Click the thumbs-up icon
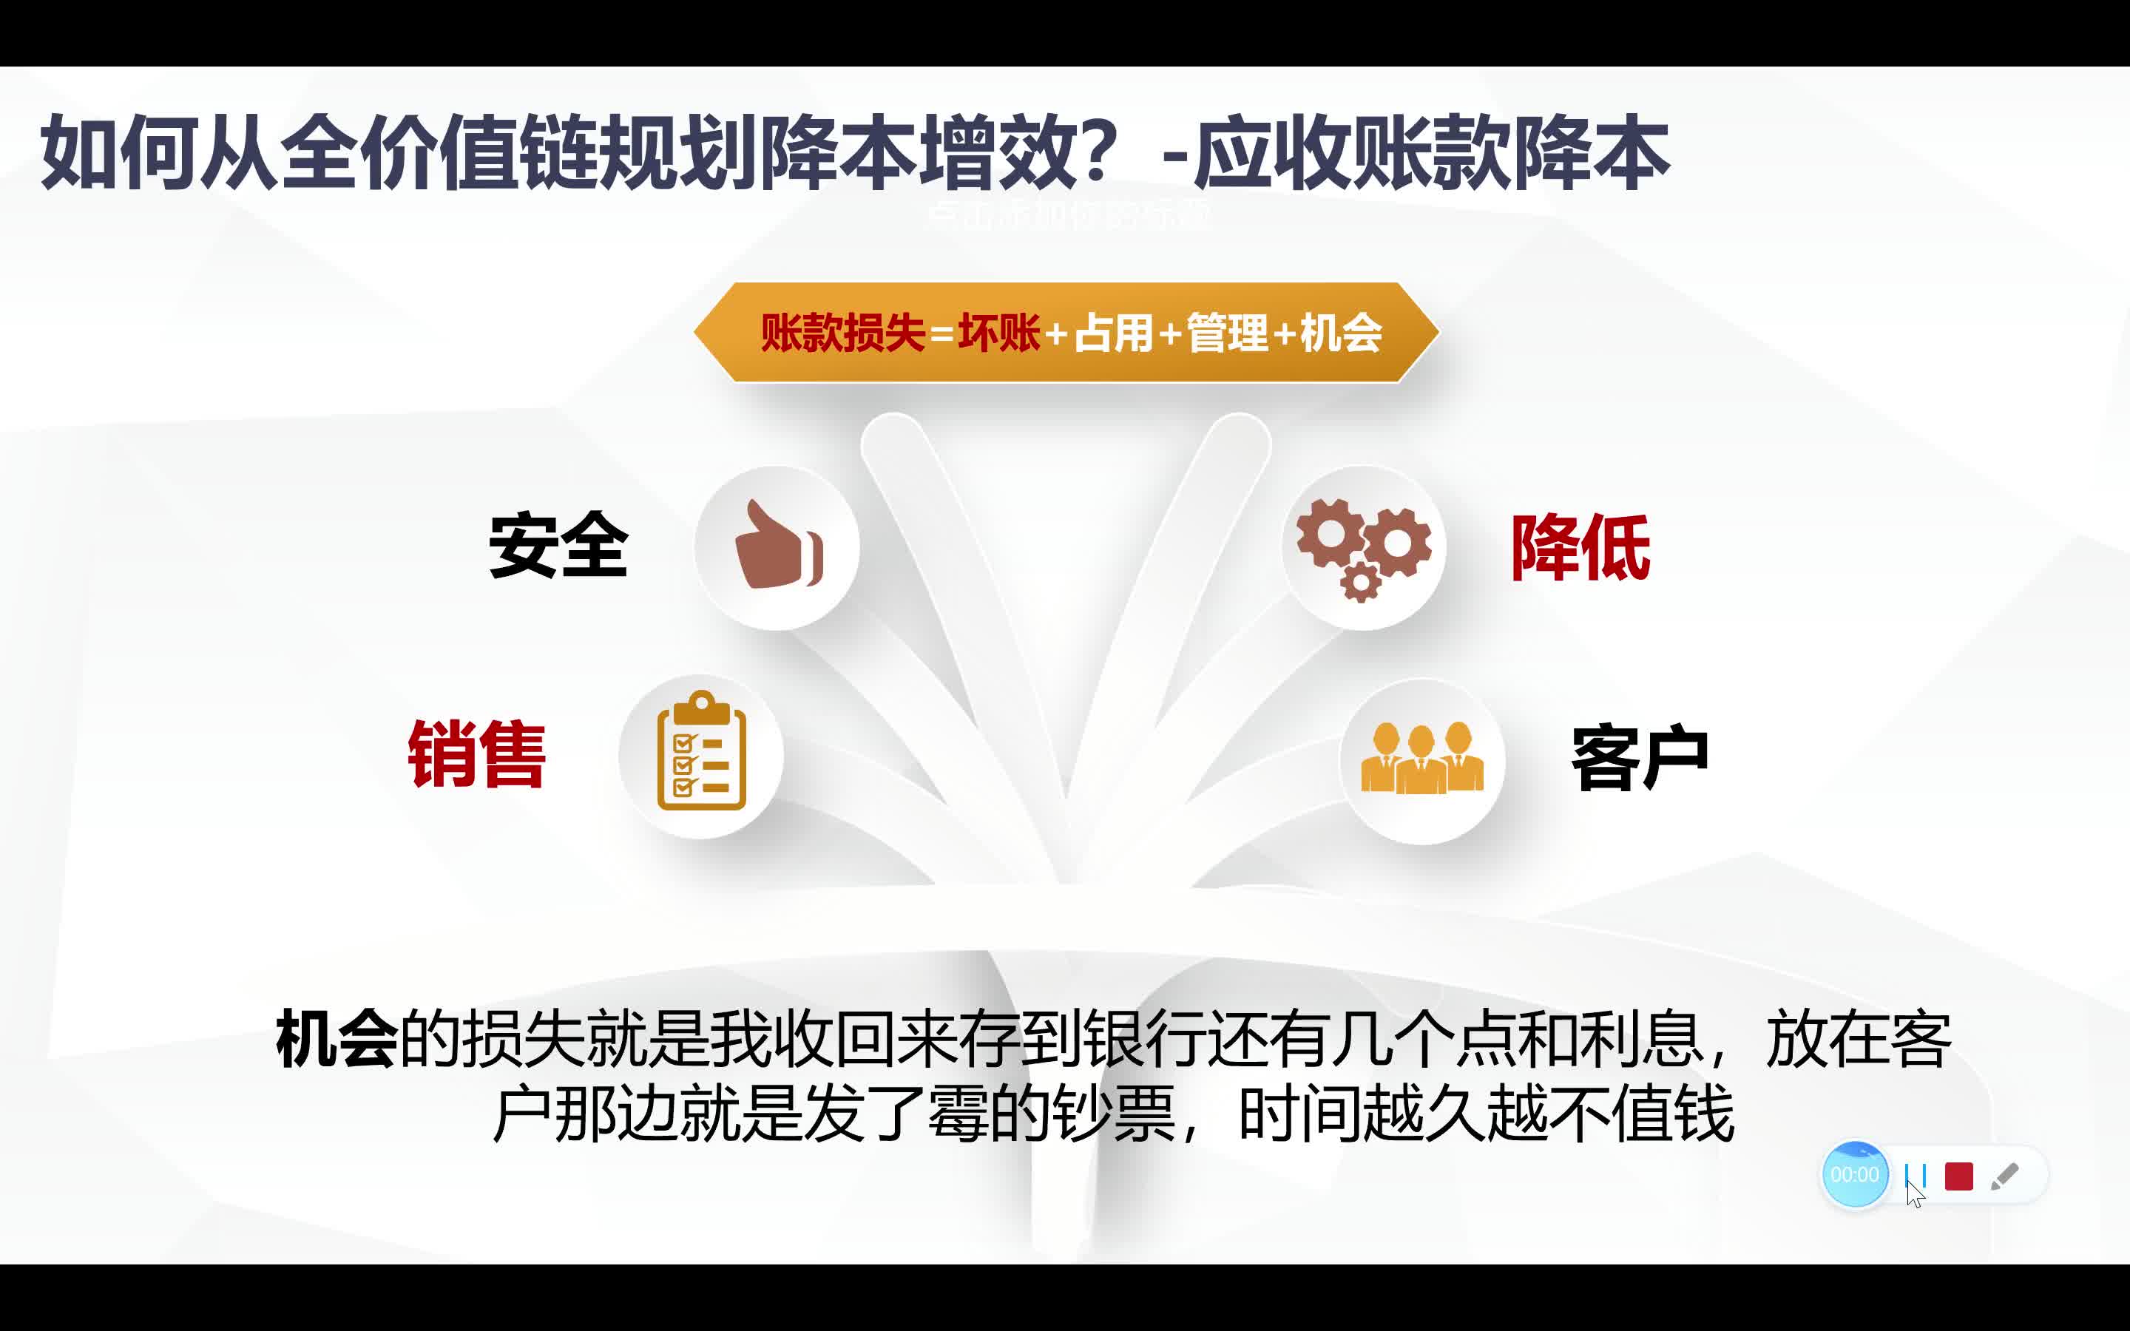pyautogui.click(x=778, y=545)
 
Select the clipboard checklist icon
pyautogui.click(x=701, y=750)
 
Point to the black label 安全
pyautogui.click(x=558, y=546)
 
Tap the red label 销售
pyautogui.click(x=477, y=753)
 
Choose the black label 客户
pyautogui.click(x=1640, y=757)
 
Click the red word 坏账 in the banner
pyautogui.click(x=999, y=333)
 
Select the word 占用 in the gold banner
pyautogui.click(x=1113, y=333)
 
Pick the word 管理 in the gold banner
pyautogui.click(x=1227, y=333)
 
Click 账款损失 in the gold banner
pyautogui.click(x=842, y=333)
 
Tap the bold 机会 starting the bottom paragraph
pyautogui.click(x=337, y=1039)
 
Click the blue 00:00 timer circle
pyautogui.click(x=1855, y=1174)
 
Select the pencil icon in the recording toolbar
pyautogui.click(x=2004, y=1176)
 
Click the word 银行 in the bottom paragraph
pyautogui.click(x=1143, y=1039)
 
